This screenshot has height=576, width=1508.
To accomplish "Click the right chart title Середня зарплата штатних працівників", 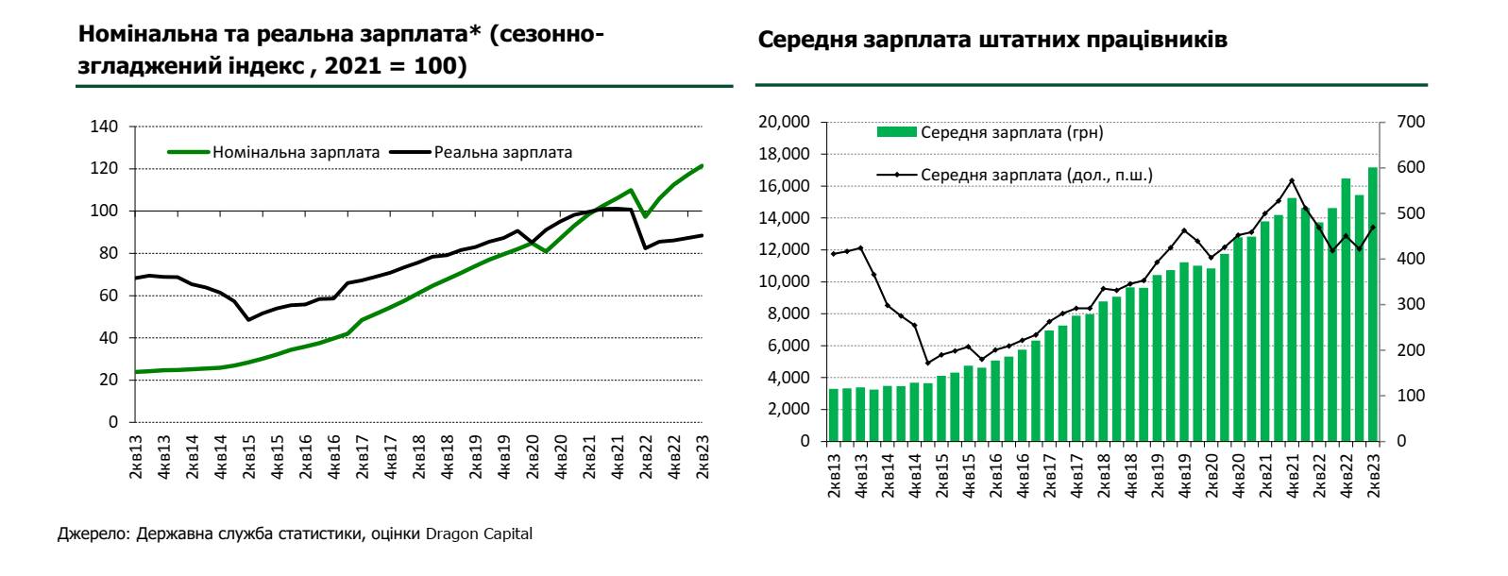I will [992, 42].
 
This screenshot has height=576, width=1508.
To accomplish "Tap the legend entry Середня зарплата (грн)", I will [1011, 132].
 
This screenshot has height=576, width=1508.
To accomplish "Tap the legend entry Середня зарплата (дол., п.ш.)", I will [1036, 175].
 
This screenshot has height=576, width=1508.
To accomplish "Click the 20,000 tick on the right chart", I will [785, 122].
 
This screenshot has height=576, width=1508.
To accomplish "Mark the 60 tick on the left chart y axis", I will [110, 296].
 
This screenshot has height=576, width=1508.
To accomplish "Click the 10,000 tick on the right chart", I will [785, 281].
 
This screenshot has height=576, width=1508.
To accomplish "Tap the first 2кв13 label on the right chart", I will [834, 476].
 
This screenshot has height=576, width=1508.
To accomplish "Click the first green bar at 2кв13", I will [834, 415].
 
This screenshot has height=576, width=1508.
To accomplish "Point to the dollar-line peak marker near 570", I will [1292, 180].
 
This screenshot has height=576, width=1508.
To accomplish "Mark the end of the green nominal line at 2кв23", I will [702, 166].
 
